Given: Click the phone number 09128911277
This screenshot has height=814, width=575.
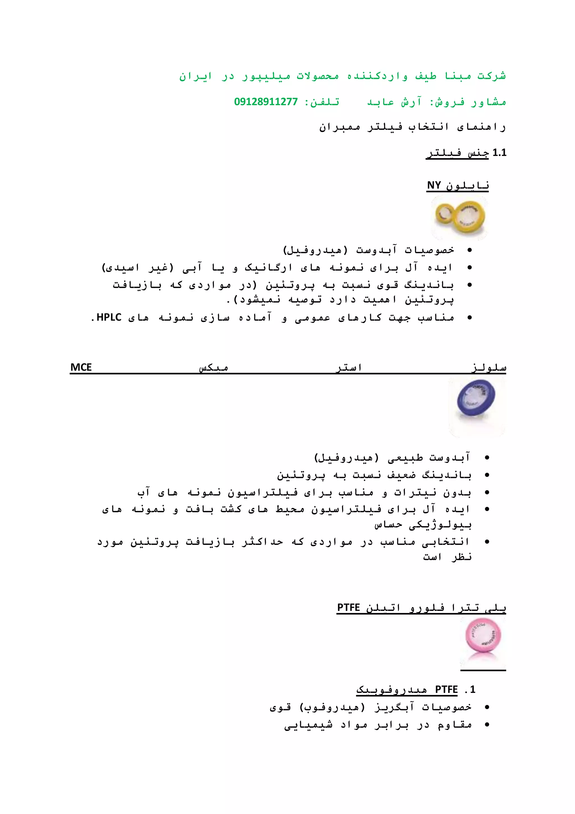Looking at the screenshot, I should pyautogui.click(x=266, y=102).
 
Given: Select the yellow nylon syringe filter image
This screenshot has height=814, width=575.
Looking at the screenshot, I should pyautogui.click(x=460, y=217).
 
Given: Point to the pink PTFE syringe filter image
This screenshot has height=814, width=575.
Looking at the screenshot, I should pyautogui.click(x=483, y=638).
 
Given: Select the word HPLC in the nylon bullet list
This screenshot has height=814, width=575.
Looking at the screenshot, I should pyautogui.click(x=109, y=317).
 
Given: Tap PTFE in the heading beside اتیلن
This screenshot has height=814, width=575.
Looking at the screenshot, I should pyautogui.click(x=348, y=607).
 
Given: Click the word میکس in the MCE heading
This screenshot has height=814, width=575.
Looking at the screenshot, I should pyautogui.click(x=213, y=368).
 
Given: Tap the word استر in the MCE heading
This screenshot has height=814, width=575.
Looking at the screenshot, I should pyautogui.click(x=349, y=368).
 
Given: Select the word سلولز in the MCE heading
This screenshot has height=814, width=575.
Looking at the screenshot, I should pyautogui.click(x=489, y=368).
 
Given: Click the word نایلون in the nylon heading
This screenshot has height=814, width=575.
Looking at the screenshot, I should pyautogui.click(x=467, y=186).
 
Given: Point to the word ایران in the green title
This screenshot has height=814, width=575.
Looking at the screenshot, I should pyautogui.click(x=195, y=76).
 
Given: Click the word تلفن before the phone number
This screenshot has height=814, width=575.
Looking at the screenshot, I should pyautogui.click(x=325, y=102).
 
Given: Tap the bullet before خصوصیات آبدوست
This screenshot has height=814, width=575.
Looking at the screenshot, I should pyautogui.click(x=469, y=250).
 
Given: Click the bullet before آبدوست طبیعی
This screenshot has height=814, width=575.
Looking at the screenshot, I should pyautogui.click(x=487, y=458).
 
